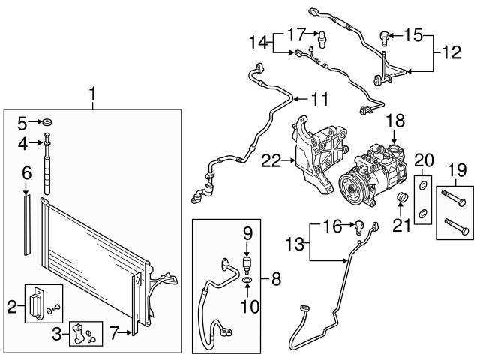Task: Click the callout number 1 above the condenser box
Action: [x=92, y=94]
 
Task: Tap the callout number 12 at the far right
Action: [x=451, y=52]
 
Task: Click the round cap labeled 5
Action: [x=46, y=121]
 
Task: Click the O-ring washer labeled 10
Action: [x=247, y=281]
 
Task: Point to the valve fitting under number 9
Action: [x=247, y=262]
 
